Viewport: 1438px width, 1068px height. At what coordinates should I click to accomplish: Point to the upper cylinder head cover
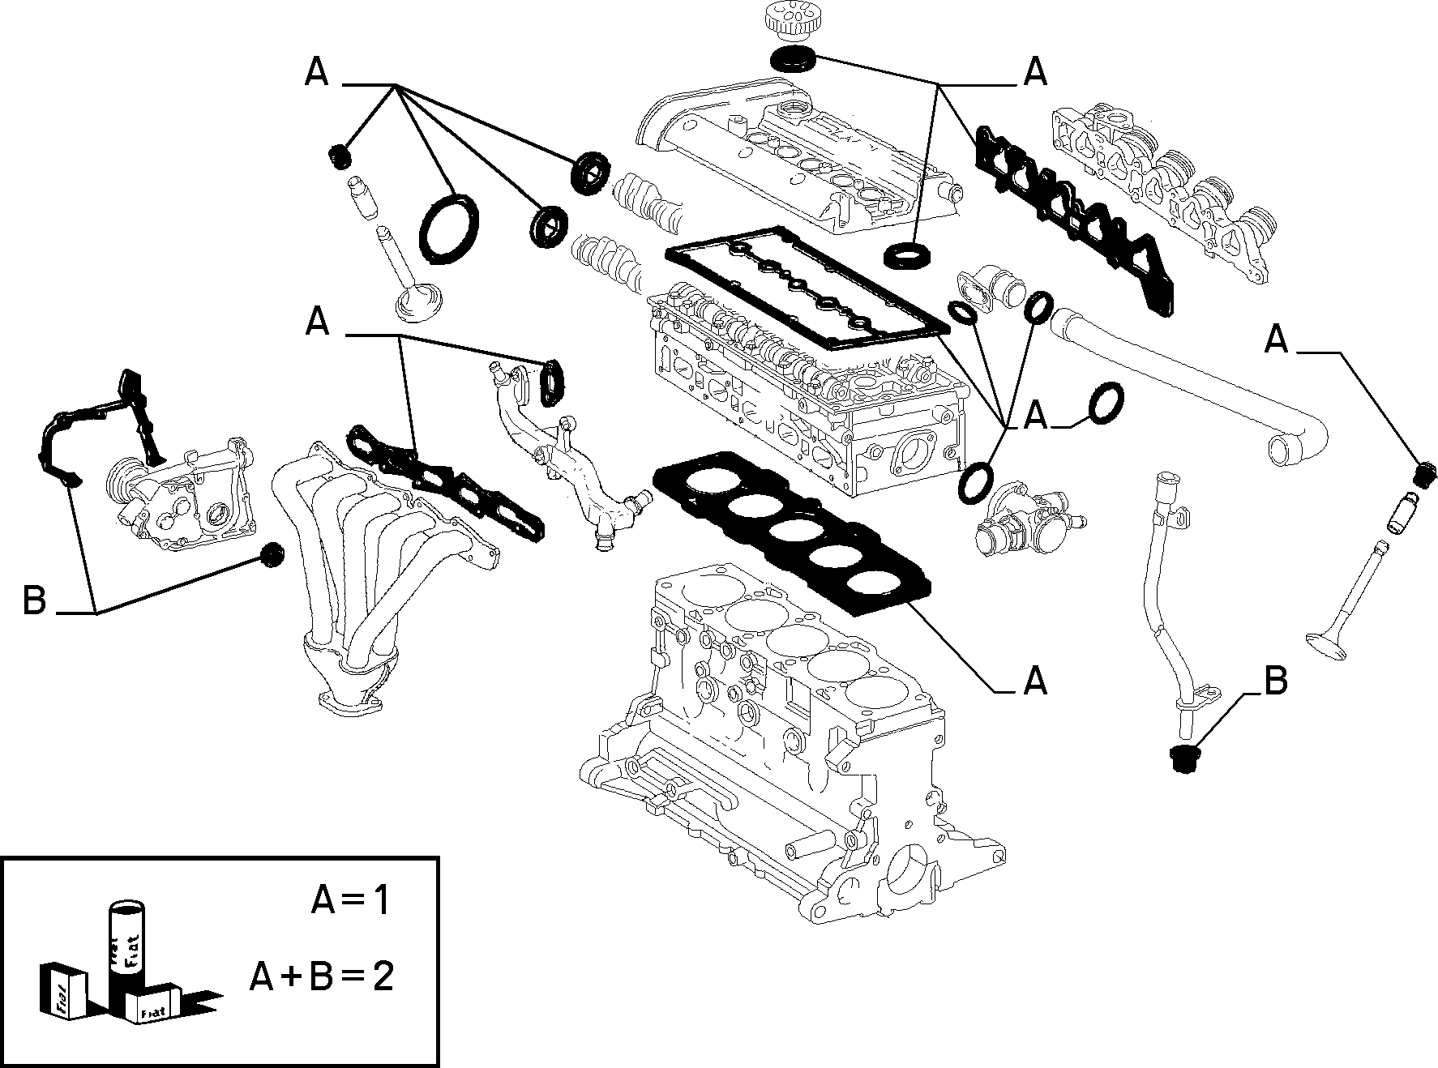point(798,154)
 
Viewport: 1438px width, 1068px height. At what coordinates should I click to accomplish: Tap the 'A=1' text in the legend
point(350,901)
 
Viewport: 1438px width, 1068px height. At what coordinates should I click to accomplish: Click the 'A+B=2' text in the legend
point(322,977)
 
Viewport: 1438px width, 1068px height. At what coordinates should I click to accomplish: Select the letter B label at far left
point(35,601)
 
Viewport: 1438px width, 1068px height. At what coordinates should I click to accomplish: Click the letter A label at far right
point(1277,340)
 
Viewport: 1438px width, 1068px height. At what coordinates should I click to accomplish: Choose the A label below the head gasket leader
point(1035,681)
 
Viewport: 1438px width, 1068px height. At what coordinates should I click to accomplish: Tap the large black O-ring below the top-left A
point(449,229)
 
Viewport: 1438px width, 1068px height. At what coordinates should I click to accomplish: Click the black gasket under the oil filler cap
point(792,58)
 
